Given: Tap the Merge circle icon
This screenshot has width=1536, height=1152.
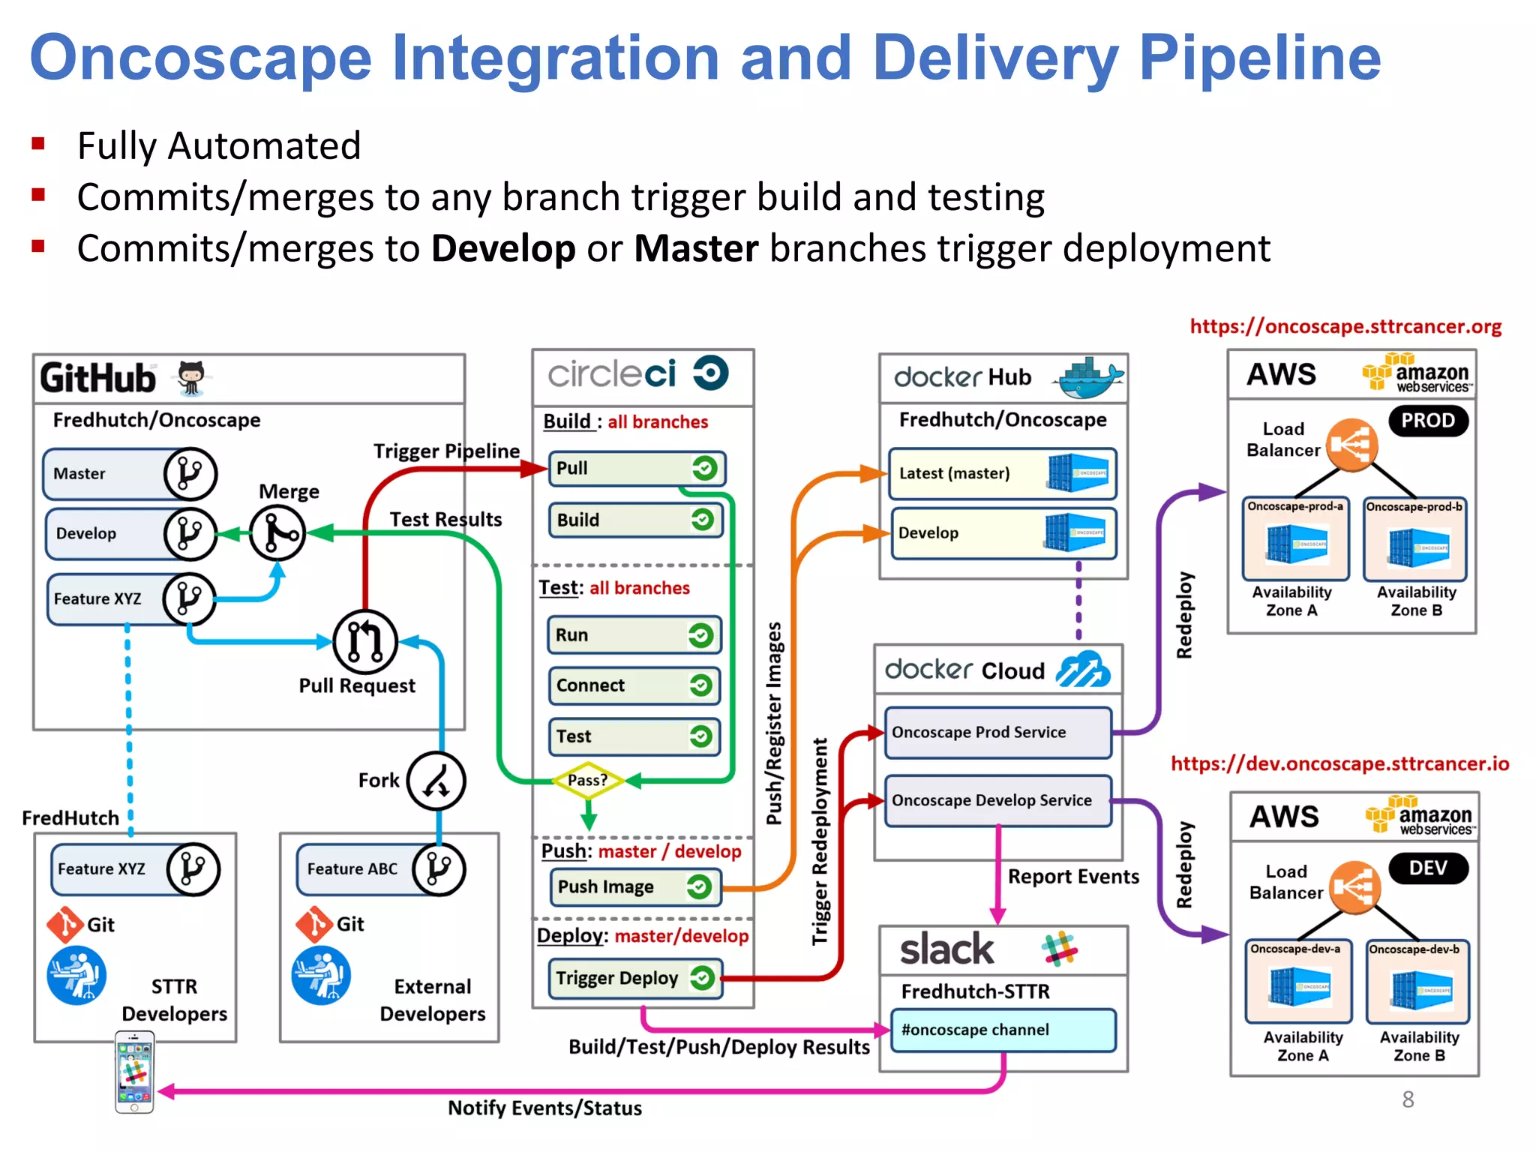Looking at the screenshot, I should [277, 533].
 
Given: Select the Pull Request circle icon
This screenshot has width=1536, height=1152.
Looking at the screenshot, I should [365, 641].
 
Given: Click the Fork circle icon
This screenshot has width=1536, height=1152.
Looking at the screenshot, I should [436, 781].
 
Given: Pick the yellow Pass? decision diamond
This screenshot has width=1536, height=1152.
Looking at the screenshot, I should [588, 780].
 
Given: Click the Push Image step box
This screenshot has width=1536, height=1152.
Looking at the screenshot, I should [634, 886].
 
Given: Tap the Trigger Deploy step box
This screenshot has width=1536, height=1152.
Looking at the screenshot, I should [634, 978].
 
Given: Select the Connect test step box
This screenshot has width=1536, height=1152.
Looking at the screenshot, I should [634, 685].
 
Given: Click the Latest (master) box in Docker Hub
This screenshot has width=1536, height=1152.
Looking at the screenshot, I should [1002, 474].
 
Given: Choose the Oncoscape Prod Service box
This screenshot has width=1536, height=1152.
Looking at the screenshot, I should [997, 732].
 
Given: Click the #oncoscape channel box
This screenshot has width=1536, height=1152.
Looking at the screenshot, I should [1003, 1030].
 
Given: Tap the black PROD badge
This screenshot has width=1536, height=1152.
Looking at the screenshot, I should [1428, 421].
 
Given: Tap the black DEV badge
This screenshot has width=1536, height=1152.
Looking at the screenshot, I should [1428, 868].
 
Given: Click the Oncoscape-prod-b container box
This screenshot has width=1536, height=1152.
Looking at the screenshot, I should [1414, 538].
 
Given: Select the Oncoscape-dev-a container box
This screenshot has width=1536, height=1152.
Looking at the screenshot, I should [1298, 980].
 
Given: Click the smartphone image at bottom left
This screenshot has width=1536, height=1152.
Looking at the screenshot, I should [134, 1072].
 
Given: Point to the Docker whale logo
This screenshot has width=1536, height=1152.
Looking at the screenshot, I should [1089, 378].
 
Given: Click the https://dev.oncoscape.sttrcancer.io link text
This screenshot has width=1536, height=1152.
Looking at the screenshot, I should [1339, 763].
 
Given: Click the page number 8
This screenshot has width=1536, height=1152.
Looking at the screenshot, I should [1408, 1099].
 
